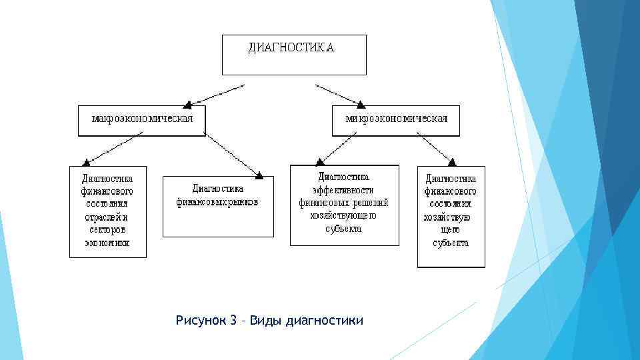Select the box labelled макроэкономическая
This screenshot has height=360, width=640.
tap(142, 120)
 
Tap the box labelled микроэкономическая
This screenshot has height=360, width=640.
tap(396, 120)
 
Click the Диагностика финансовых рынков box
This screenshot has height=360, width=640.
tap(218, 206)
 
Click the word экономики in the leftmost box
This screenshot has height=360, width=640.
tap(107, 243)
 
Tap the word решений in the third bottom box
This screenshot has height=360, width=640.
tap(373, 203)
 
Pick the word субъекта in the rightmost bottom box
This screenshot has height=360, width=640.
tap(451, 243)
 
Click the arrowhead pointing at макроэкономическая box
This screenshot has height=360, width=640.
tap(188, 103)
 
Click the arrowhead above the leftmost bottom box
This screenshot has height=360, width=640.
tap(85, 162)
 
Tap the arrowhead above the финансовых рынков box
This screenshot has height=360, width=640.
tap(259, 175)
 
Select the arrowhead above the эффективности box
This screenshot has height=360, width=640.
tap(318, 161)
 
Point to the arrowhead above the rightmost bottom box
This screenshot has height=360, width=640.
tap(451, 161)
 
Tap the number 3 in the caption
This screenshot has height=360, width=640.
tap(233, 321)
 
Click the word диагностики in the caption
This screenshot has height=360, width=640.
tap(324, 321)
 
